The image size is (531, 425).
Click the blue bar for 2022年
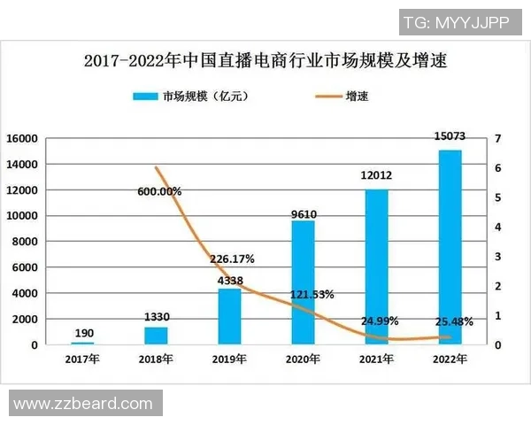pyautogui.click(x=450, y=247)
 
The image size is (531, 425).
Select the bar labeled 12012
pyautogui.click(x=377, y=267)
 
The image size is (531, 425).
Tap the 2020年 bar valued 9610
pyautogui.click(x=304, y=282)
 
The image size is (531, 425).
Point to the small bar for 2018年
pyautogui.click(x=156, y=336)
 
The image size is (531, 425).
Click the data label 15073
pyautogui.click(x=450, y=137)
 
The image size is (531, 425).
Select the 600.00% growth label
pyautogui.click(x=159, y=191)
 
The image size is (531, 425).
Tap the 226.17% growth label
pyautogui.click(x=232, y=259)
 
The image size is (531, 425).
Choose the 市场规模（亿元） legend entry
pyautogui.click(x=190, y=97)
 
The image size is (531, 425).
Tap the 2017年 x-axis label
pyautogui.click(x=82, y=359)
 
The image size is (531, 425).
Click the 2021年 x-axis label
pyautogui.click(x=377, y=359)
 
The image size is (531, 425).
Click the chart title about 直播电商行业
pyautogui.click(x=265, y=61)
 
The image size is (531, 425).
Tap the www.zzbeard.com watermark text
pyautogui.click(x=83, y=404)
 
